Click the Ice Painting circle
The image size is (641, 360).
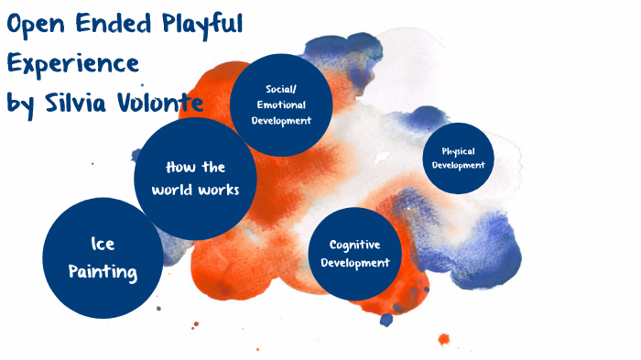point(103,257)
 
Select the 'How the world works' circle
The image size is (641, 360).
point(195,179)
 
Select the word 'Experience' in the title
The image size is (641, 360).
point(73,65)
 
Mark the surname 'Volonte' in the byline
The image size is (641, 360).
point(165,103)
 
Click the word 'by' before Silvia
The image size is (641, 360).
point(20,104)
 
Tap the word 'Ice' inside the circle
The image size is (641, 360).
point(103,244)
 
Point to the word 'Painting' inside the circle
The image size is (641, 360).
point(103,272)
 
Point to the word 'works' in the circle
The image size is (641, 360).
point(220,190)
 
